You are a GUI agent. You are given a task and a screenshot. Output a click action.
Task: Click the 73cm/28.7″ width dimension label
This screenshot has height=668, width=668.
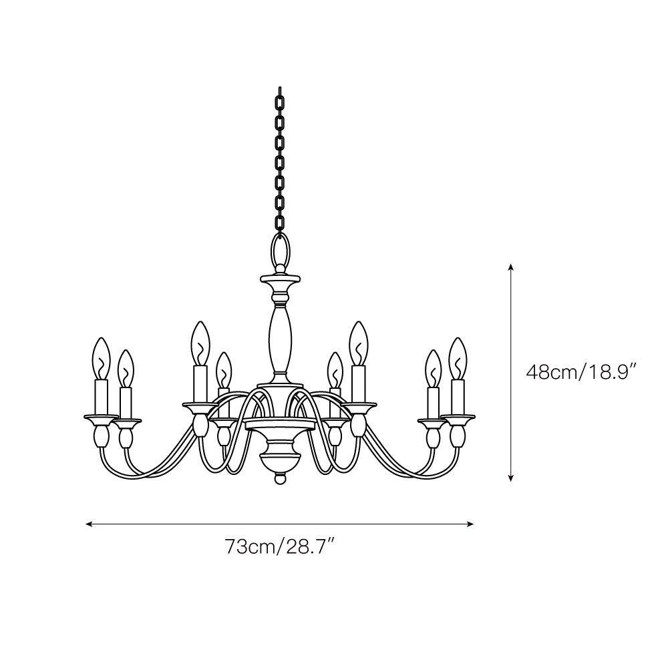click(x=279, y=546)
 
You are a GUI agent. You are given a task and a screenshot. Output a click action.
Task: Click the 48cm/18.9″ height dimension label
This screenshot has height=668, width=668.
click(x=581, y=372)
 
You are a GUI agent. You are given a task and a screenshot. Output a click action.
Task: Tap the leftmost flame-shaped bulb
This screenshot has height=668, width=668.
click(x=102, y=358)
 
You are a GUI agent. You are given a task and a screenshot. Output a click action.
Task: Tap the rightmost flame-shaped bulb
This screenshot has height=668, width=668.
click(x=458, y=358)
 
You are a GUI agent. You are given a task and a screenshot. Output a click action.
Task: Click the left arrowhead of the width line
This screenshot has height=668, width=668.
click(x=89, y=524)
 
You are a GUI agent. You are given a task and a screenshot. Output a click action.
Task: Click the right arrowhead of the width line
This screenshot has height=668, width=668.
click(x=471, y=524)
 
